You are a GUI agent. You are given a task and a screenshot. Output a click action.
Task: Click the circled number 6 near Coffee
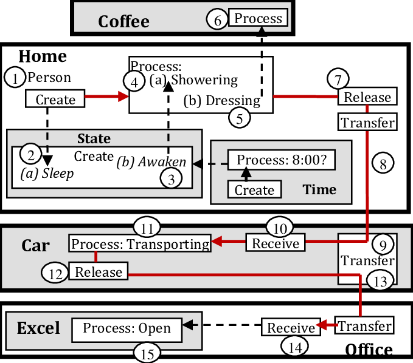(x=217, y=19)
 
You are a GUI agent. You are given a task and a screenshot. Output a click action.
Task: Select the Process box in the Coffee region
(x=259, y=18)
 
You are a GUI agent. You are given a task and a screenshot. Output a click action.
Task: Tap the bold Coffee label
(x=123, y=21)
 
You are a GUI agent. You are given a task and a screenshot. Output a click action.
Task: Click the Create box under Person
(x=55, y=100)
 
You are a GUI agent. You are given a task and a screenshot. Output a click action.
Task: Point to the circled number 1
(x=15, y=77)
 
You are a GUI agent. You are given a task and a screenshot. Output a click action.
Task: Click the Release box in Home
(x=368, y=97)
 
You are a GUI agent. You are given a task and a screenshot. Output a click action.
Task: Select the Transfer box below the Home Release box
(x=368, y=123)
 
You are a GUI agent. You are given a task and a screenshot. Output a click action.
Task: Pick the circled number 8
(x=383, y=163)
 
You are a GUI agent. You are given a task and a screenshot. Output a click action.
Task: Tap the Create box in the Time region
(x=254, y=190)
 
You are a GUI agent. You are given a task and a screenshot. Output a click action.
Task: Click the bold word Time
(x=319, y=189)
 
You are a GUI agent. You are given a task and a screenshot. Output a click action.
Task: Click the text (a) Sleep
(x=47, y=174)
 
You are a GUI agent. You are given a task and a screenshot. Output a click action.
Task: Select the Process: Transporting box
(x=140, y=244)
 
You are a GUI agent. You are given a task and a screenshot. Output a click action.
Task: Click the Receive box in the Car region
(x=276, y=243)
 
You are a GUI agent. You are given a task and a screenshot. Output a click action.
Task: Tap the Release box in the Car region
(x=99, y=271)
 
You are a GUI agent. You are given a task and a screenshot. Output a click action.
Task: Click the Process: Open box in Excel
(x=127, y=329)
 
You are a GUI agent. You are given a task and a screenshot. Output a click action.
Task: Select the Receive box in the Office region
(x=291, y=328)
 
